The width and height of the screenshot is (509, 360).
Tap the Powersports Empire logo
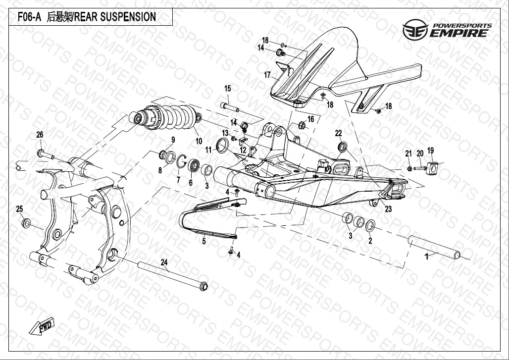[x=447, y=31]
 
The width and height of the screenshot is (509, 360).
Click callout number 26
[x=40, y=135]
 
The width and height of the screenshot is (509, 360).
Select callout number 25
[x=20, y=208]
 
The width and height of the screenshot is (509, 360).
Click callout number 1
[x=427, y=257]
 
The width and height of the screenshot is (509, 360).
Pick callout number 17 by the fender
[x=267, y=75]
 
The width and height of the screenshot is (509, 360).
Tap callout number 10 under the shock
[x=199, y=141]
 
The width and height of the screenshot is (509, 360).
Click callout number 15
[x=228, y=89]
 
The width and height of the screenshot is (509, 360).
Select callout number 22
[x=339, y=133]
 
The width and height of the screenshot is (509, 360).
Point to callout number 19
[x=430, y=150]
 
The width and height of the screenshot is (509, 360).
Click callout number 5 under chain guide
[x=204, y=241]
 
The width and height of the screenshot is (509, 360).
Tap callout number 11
[x=209, y=149]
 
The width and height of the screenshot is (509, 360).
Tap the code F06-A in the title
[x=29, y=17]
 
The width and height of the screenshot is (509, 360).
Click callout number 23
[x=388, y=209]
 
